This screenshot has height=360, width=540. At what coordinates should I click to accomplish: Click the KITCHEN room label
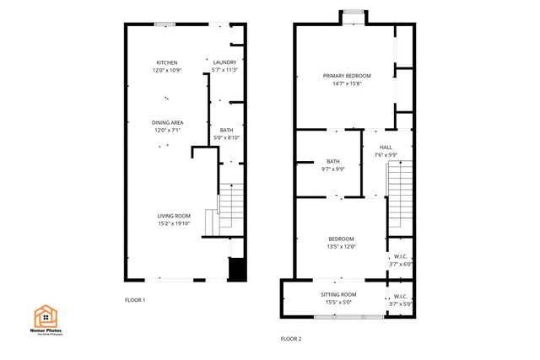tap(166, 62)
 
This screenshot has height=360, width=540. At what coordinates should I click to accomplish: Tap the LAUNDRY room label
tap(224, 62)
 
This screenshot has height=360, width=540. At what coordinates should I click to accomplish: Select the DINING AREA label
tap(168, 122)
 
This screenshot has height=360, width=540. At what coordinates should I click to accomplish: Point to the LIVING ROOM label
tap(173, 215)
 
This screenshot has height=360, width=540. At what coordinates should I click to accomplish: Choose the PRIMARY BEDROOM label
tap(347, 76)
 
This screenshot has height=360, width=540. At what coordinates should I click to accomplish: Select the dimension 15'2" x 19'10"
tap(173, 223)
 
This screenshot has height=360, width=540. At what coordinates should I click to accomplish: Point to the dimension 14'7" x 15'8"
tap(347, 83)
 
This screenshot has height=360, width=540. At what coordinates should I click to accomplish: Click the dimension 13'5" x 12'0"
tap(341, 246)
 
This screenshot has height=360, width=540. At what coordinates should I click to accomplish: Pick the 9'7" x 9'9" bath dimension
tap(332, 169)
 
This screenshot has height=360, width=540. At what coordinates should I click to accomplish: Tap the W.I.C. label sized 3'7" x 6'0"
tap(400, 255)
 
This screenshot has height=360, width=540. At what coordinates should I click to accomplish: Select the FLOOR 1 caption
tap(135, 300)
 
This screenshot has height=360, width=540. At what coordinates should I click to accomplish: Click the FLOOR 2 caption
tap(290, 339)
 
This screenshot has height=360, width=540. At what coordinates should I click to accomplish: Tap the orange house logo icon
tap(46, 317)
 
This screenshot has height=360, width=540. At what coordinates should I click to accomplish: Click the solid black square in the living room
tap(237, 269)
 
